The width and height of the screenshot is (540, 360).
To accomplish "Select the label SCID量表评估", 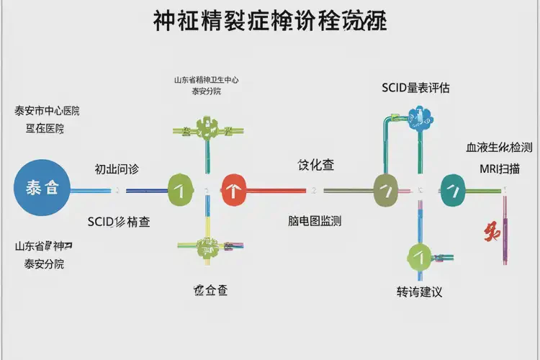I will coord(415,88).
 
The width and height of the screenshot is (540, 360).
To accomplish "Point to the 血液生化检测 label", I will coord(499,148).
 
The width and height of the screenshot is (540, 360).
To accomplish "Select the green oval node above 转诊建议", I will coord(419,255).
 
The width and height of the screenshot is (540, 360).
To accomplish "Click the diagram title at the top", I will coord(269,22).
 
